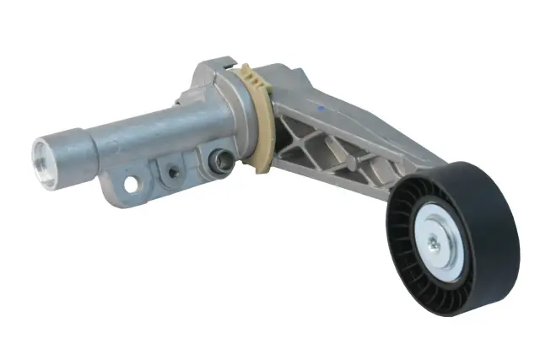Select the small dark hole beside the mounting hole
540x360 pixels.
click(173, 172)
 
